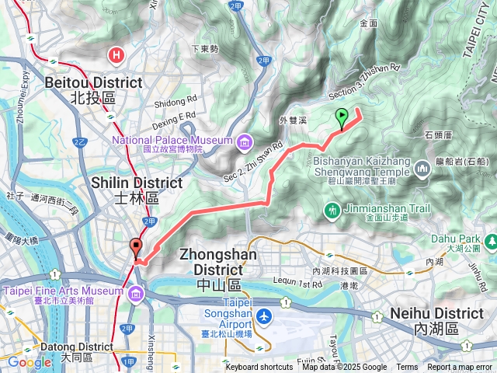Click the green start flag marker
pos(342,118)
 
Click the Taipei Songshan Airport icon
pos(265,316)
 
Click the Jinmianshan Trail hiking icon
pos(332,209)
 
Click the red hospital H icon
pos(116,55)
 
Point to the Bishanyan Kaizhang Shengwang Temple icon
pos(422,167)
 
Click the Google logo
pos(30,362)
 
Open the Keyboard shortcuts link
pos(259,368)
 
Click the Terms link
pos(407,368)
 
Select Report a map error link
pos(461,368)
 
